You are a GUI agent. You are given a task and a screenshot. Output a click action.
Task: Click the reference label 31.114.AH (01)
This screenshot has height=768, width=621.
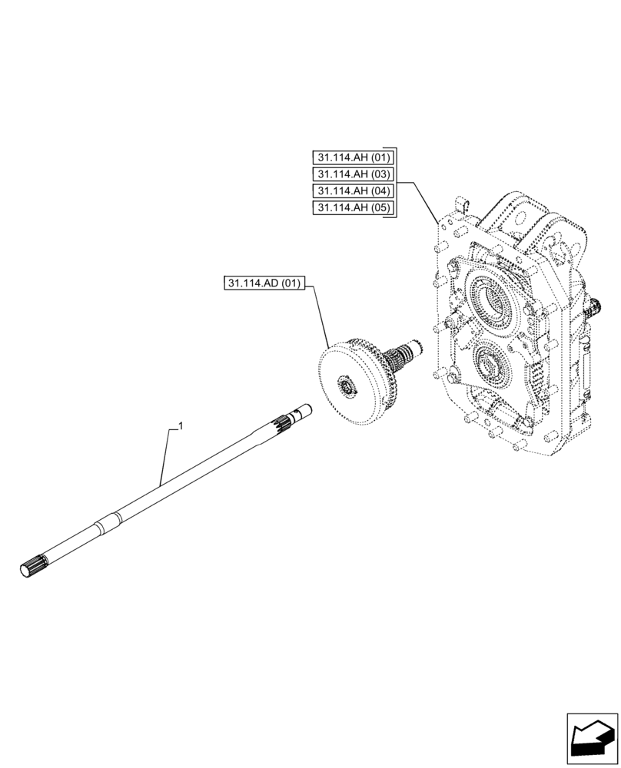[x=354, y=157]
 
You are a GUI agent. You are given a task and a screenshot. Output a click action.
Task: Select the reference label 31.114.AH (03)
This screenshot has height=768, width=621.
[x=354, y=174]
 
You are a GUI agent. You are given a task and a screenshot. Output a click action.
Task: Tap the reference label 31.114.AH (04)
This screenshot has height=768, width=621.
[x=354, y=190]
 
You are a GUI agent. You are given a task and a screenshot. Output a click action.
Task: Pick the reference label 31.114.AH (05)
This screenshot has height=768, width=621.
[x=354, y=207]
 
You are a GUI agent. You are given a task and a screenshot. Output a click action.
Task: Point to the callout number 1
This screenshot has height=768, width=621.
[x=180, y=425]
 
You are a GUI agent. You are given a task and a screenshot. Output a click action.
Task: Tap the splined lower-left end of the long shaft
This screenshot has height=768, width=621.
[x=32, y=564]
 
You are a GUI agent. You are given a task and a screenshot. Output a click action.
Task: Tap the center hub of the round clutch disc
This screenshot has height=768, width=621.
[x=346, y=388]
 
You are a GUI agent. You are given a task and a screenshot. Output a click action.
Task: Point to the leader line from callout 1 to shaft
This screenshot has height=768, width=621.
[x=166, y=453]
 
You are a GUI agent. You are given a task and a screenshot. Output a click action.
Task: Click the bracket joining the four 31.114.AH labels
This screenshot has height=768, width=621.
[x=395, y=182]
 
